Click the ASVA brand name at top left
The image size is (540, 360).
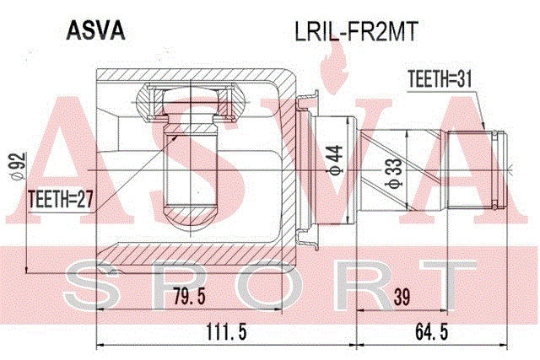[95, 30]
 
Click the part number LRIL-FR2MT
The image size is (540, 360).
[356, 31]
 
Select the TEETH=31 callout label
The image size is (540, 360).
[440, 79]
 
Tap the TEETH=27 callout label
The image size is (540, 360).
[61, 199]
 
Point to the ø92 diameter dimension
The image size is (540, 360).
[18, 166]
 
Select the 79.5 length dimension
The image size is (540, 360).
[189, 296]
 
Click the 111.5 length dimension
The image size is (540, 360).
[226, 332]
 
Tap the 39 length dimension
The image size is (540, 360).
[402, 297]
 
